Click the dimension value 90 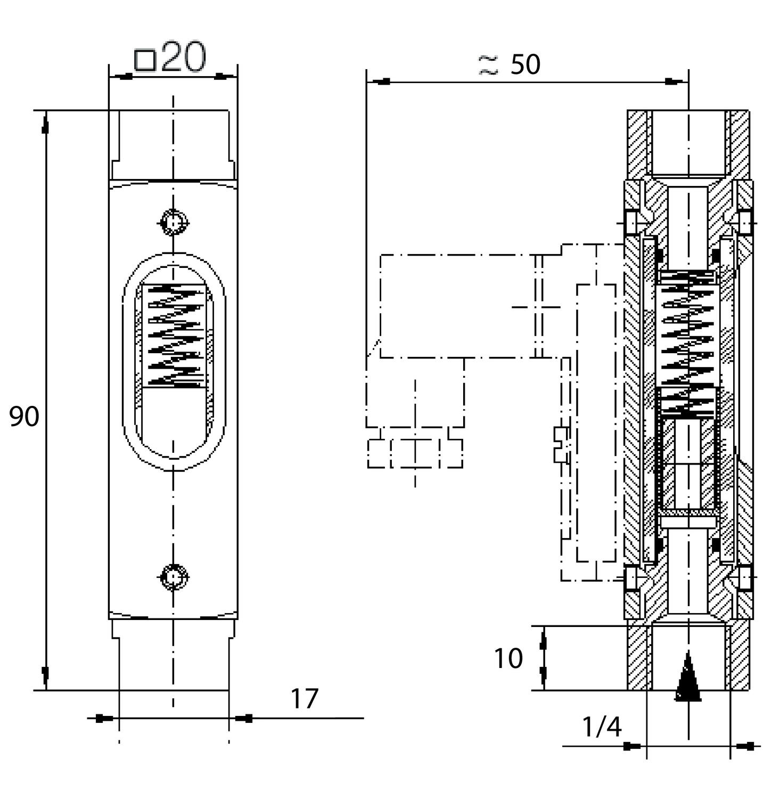tap(24, 417)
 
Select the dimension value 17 tap(304, 699)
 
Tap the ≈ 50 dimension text tap(510, 65)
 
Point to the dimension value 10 tap(508, 659)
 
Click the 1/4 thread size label tap(602, 727)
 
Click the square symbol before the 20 tap(145, 60)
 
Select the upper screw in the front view tap(174, 222)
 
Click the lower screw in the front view tap(174, 577)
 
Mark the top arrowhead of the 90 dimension tap(46, 126)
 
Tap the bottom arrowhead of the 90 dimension tap(46, 674)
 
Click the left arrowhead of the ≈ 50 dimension tap(382, 82)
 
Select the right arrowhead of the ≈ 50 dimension tap(674, 82)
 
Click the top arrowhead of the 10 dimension tap(543, 642)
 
